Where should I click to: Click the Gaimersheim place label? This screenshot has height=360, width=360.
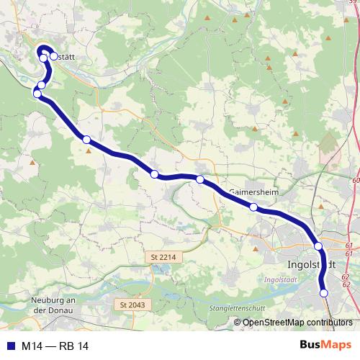coord(253,193)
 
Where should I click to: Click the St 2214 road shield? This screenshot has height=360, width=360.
coord(164,256)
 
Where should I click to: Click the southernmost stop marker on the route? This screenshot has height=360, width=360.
coord(324,293)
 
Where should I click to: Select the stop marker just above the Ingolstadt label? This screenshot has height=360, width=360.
coord(318,246)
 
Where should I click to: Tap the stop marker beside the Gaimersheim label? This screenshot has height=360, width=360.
coord(253,207)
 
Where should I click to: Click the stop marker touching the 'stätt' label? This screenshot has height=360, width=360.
coord(53,55)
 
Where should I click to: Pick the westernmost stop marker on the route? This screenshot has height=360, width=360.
coord(37,94)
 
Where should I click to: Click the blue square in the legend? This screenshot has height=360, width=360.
coord(10,346)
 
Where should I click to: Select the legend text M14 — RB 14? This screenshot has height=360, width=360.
coord(55,346)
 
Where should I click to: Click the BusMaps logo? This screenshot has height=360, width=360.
coord(325,346)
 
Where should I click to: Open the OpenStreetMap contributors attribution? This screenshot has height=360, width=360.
coord(297,322)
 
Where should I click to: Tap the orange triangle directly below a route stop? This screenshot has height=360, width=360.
coord(89,150)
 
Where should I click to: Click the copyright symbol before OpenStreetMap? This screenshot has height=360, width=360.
coord(237,322)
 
